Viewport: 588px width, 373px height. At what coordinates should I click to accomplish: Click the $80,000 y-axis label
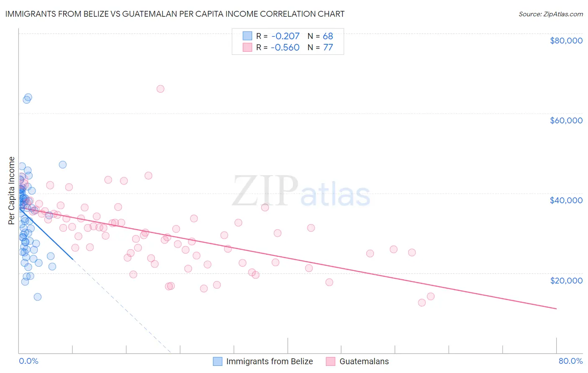click(566, 41)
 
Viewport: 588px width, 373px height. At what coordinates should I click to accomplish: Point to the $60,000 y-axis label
click(566, 120)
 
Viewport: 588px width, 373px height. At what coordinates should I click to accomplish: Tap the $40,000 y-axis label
click(566, 200)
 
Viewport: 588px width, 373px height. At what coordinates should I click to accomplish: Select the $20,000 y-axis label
click(566, 280)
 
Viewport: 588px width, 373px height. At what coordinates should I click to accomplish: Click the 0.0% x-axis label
click(28, 361)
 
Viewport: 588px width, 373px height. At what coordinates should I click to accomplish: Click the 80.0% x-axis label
click(570, 361)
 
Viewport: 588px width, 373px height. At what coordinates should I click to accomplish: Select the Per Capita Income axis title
click(12, 190)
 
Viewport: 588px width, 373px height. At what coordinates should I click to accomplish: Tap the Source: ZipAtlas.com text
click(550, 14)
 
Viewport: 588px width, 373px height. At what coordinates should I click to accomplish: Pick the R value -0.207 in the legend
click(285, 36)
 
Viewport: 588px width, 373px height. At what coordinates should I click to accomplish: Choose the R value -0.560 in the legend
click(285, 48)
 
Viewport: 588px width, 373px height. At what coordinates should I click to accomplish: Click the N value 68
click(328, 36)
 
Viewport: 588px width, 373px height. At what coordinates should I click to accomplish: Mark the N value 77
click(328, 48)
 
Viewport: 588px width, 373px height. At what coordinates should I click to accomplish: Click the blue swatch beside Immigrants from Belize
click(217, 361)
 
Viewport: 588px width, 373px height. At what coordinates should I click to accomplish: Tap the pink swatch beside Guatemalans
click(331, 361)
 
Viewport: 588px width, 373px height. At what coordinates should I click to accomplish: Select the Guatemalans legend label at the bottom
click(364, 361)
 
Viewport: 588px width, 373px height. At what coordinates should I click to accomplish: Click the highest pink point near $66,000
click(160, 89)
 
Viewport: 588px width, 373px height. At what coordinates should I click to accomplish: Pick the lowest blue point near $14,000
click(38, 297)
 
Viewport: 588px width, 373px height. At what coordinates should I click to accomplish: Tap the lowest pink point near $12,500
click(422, 303)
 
